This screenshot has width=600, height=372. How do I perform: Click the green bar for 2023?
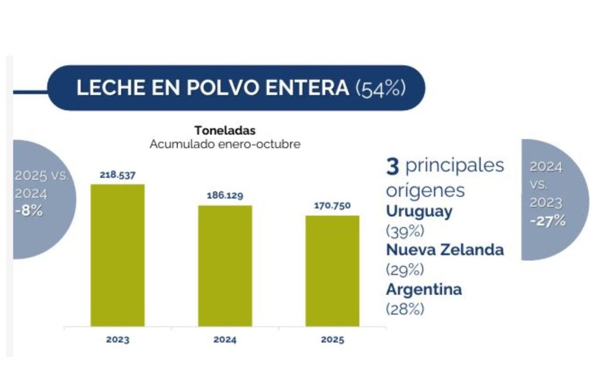tap(117, 255)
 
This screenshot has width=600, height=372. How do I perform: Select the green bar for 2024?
tap(225, 265)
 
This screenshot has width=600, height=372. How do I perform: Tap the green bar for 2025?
tap(332, 271)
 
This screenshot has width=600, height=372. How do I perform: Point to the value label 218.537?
tap(117, 174)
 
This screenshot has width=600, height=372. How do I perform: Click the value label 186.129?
tap(225, 195)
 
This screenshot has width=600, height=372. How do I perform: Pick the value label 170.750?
tap(332, 206)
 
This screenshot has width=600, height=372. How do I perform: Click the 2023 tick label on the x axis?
tap(117, 340)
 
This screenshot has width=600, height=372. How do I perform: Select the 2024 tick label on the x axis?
tap(225, 340)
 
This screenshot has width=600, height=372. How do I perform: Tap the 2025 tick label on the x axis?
tap(332, 340)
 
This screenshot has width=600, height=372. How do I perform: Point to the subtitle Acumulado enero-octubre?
tap(225, 144)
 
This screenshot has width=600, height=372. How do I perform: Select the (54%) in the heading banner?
tap(380, 88)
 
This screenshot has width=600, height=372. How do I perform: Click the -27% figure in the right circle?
tap(547, 221)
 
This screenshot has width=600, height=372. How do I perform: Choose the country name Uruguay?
tap(419, 211)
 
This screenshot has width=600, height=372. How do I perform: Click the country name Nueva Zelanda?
tap(445, 250)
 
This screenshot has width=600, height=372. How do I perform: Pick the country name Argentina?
tap(424, 289)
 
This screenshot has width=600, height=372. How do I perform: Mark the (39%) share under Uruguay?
tap(404, 230)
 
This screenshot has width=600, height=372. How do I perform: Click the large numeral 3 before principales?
tap(392, 166)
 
